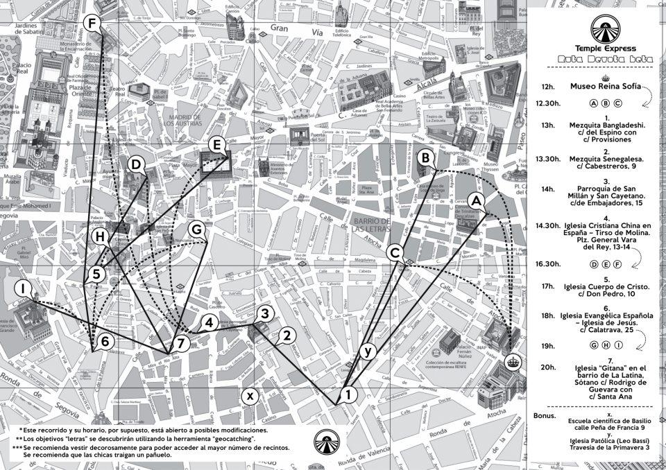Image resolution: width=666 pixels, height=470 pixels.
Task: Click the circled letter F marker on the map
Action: click(x=92, y=24)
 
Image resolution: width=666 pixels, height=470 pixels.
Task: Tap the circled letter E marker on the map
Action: click(x=216, y=145)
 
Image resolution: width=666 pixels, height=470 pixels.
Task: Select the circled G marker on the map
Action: click(x=196, y=228)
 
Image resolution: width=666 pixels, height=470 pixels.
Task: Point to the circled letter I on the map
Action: click(x=24, y=288)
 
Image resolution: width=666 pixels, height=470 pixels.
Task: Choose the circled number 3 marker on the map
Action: click(x=262, y=314)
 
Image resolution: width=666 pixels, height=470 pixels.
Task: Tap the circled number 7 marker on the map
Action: click(x=180, y=342)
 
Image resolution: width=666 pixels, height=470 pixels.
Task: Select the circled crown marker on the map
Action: click(x=513, y=360)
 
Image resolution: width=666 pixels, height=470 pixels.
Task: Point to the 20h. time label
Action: click(x=548, y=367)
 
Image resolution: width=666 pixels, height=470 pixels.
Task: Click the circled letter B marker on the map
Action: click(x=424, y=158)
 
